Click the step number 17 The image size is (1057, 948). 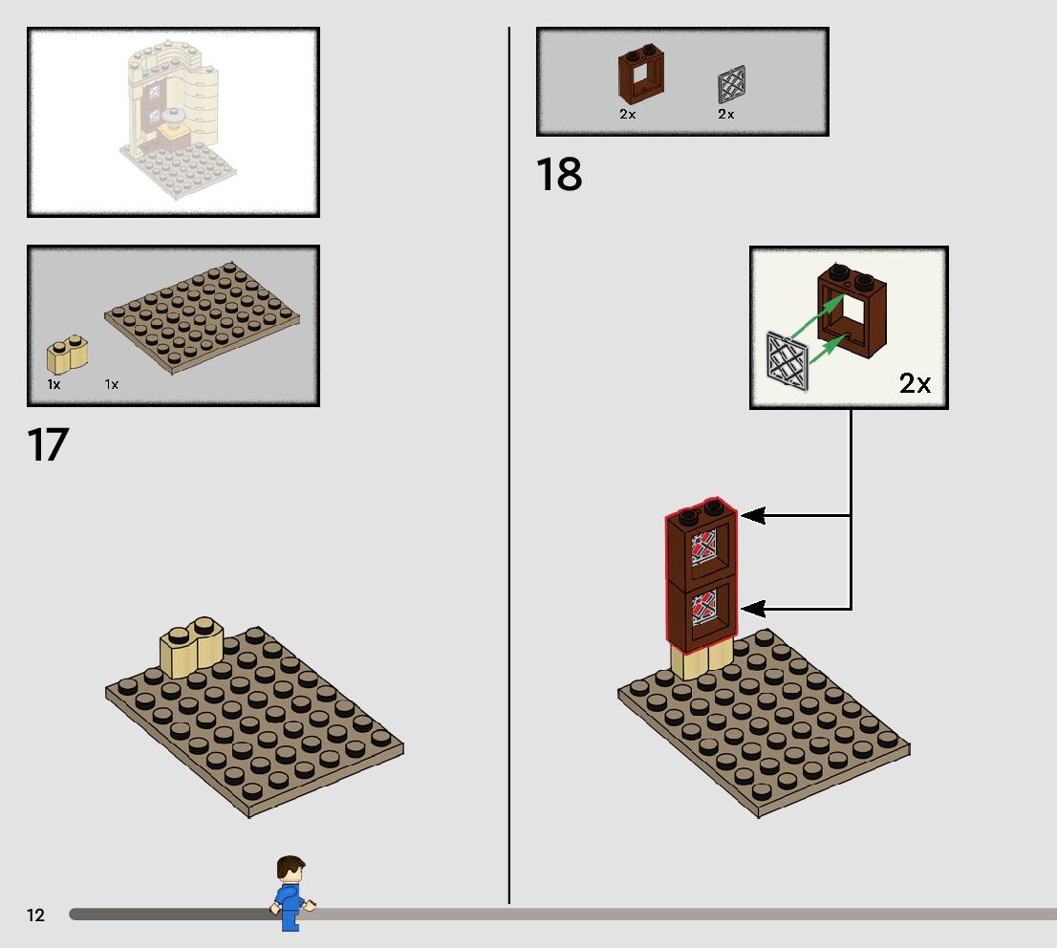[48, 445]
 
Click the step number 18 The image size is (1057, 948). [559, 175]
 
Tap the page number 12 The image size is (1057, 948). [35, 916]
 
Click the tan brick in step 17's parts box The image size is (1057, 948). [67, 355]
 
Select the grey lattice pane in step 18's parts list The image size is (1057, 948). [730, 85]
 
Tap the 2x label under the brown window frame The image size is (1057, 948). [628, 114]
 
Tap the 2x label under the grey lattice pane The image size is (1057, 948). [726, 114]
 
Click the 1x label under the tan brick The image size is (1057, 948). [54, 384]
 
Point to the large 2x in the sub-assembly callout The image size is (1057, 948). [914, 384]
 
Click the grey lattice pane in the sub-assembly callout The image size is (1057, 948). [788, 359]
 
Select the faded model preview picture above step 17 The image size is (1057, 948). [173, 121]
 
